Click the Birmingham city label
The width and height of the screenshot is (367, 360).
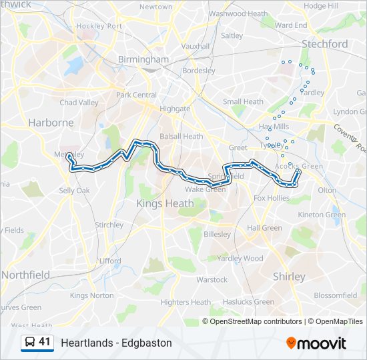pyautogui.click(x=143, y=59)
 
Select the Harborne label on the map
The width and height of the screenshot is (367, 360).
pyautogui.click(x=51, y=123)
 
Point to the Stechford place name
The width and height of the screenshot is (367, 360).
pyautogui.click(x=324, y=44)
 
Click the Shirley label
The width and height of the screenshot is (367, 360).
pyautogui.click(x=289, y=276)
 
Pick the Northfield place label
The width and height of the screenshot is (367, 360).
pyautogui.click(x=25, y=275)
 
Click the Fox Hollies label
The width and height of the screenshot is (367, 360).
pyautogui.click(x=272, y=198)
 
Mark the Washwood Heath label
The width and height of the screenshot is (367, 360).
pyautogui.click(x=238, y=13)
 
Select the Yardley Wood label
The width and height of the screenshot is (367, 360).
pyautogui.click(x=240, y=259)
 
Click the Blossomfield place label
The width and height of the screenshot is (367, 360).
pyautogui.click(x=336, y=295)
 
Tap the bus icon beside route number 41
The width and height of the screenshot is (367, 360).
pyautogui.click(x=29, y=342)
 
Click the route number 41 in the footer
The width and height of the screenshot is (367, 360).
pyautogui.click(x=45, y=342)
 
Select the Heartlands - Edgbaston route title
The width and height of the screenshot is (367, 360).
pyautogui.click(x=116, y=343)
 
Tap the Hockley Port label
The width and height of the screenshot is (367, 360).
pyautogui.click(x=99, y=26)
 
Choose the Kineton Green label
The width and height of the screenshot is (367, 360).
pyautogui.click(x=322, y=215)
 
